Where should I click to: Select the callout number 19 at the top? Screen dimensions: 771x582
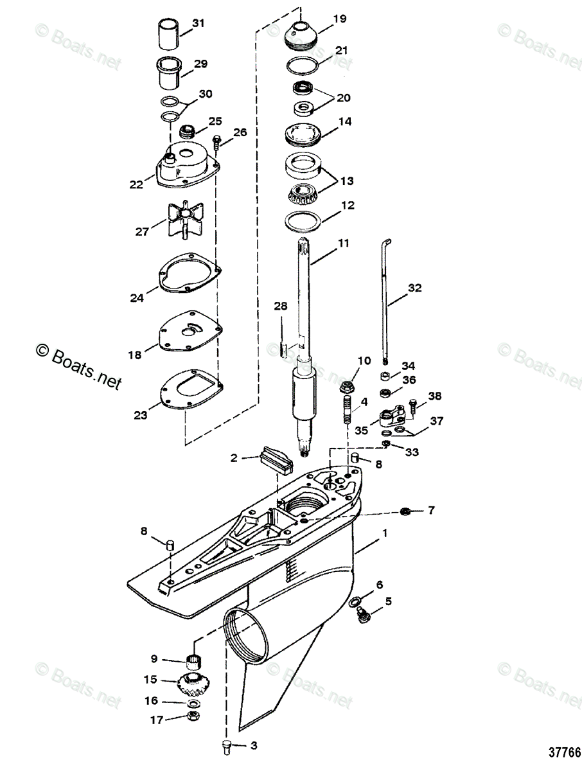click(340, 19)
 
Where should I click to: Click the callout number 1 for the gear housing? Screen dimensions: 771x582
click(385, 533)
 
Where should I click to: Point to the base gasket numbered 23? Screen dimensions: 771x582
click(188, 393)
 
